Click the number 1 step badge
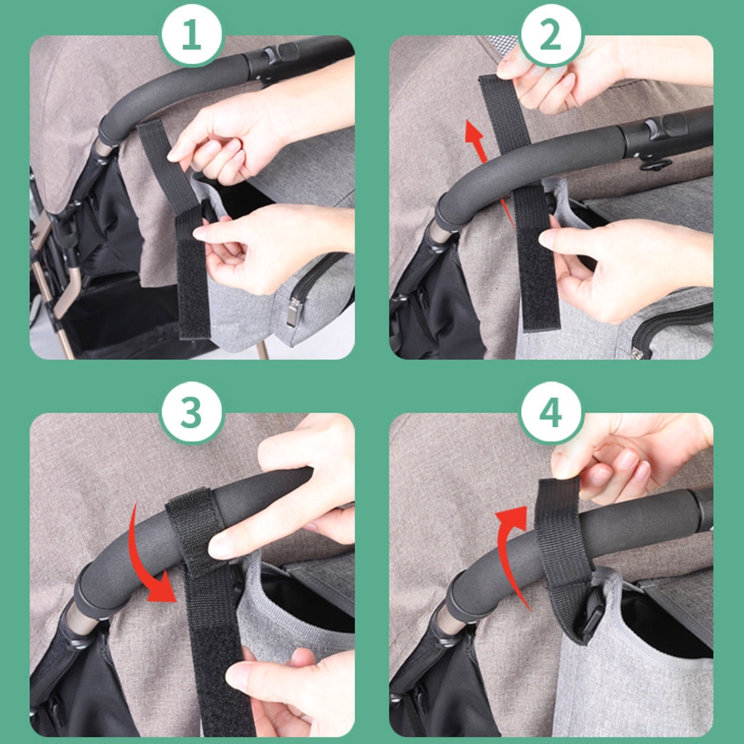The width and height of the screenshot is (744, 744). [191, 35]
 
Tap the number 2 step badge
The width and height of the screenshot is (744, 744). [551, 35]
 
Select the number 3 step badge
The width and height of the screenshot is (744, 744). [191, 413]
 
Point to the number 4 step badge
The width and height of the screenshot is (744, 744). [551, 413]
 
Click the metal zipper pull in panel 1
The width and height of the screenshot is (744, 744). [292, 311]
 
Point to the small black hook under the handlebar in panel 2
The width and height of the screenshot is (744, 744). [655, 165]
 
